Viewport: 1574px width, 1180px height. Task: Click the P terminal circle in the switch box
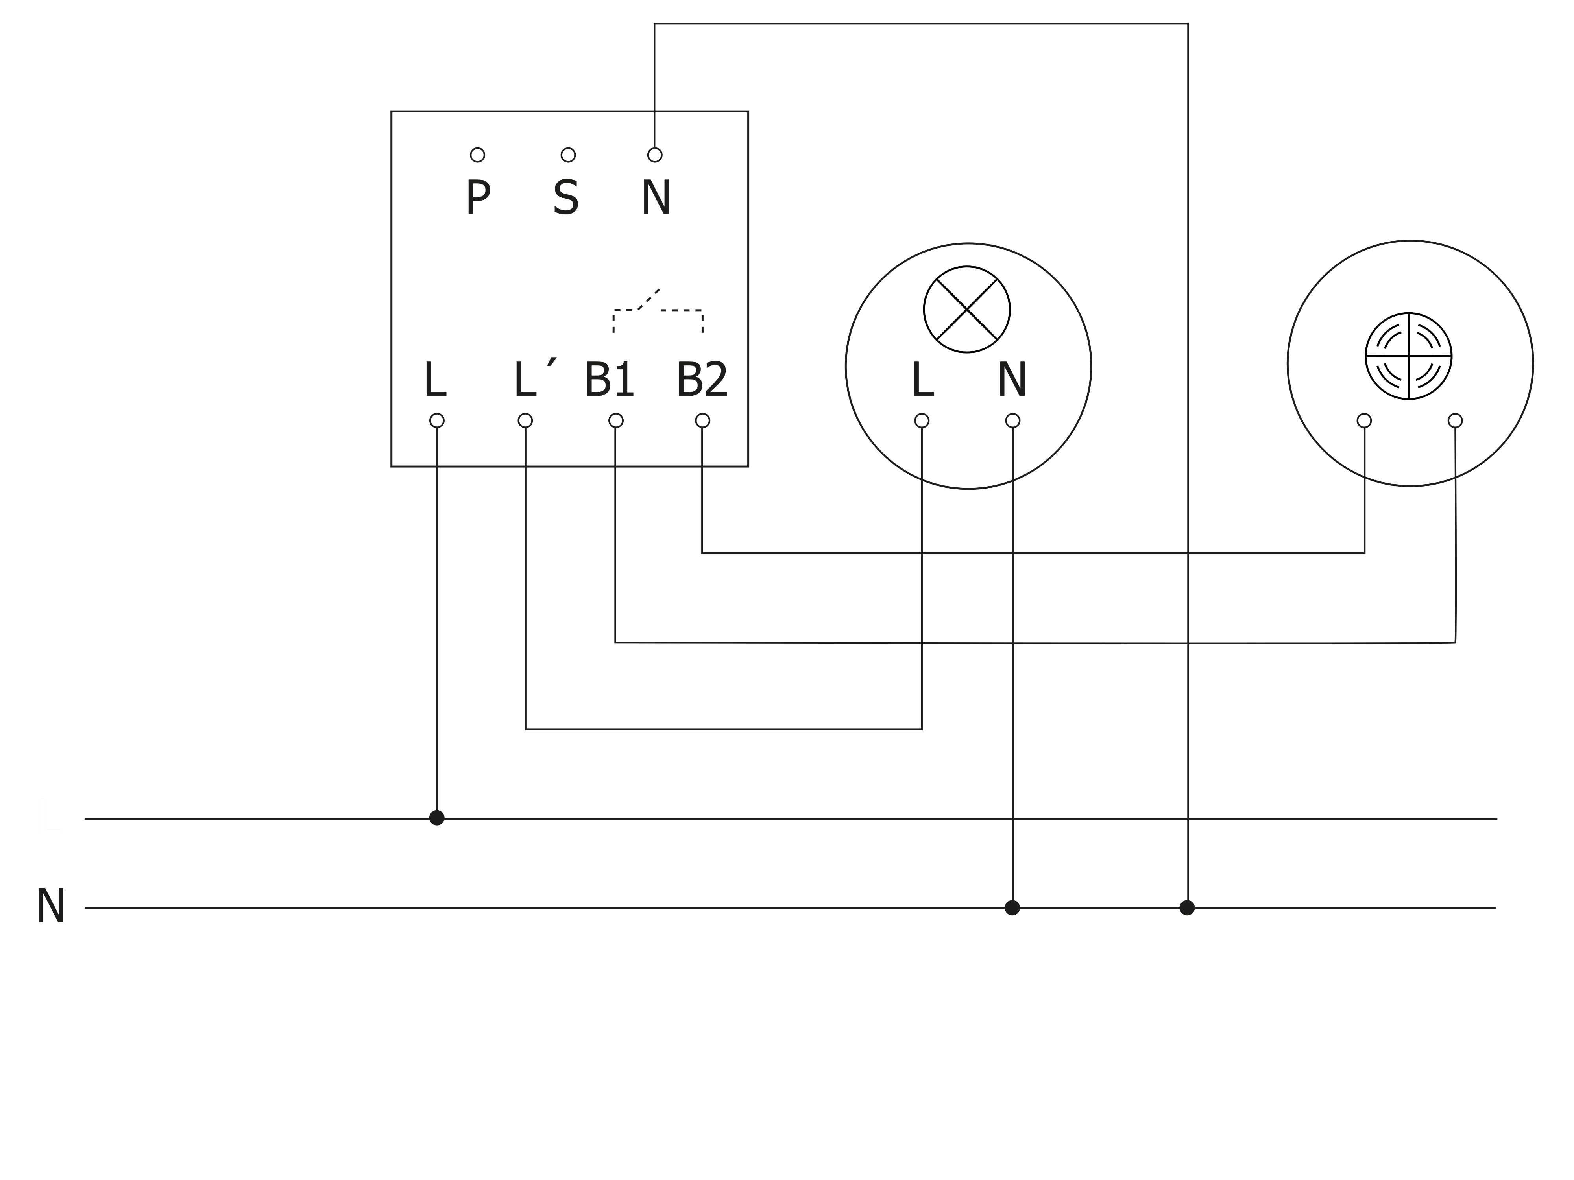(x=477, y=155)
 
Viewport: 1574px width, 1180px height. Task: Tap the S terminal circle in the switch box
(x=568, y=155)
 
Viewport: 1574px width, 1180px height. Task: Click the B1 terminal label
(x=609, y=380)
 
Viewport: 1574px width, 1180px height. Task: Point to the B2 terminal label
(x=702, y=380)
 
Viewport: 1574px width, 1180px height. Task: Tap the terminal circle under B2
(x=702, y=420)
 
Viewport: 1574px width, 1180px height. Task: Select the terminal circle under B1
(x=616, y=420)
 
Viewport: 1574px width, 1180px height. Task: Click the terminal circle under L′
(x=525, y=420)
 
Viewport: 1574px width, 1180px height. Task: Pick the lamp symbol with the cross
(x=967, y=310)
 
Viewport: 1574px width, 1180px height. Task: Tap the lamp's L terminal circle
(x=922, y=420)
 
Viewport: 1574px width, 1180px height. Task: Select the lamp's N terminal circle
(x=1012, y=420)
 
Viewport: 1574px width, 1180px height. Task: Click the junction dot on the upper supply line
(x=437, y=818)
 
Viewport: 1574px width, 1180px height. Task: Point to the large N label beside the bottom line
(x=50, y=907)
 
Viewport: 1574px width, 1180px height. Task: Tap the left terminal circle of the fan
(x=1364, y=420)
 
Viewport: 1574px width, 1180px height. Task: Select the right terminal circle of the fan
(x=1455, y=420)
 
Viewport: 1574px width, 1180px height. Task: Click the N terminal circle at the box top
(x=655, y=155)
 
